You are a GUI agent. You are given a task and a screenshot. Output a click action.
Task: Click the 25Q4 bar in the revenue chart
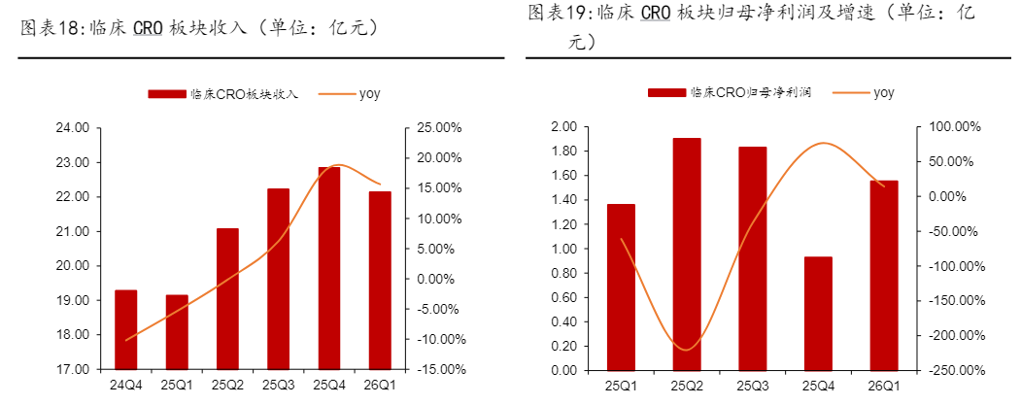pyautogui.click(x=328, y=268)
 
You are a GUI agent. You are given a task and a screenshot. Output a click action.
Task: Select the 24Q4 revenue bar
pyautogui.click(x=125, y=329)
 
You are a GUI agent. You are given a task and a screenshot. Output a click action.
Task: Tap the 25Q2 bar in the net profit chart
pyautogui.click(x=687, y=253)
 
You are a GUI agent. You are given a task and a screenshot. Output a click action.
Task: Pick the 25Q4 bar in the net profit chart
pyautogui.click(x=819, y=313)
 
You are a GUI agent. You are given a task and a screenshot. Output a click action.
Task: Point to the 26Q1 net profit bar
pyautogui.click(x=884, y=276)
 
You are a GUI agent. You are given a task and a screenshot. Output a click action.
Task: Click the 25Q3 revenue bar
pyautogui.click(x=278, y=279)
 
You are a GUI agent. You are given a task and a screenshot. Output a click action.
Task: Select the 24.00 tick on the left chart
pyautogui.click(x=73, y=128)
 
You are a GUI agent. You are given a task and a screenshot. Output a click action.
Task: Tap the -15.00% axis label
pyautogui.click(x=434, y=370)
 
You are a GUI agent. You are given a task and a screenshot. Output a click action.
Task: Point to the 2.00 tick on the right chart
pyautogui.click(x=563, y=127)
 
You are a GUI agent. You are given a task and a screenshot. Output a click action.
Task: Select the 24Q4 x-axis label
pyautogui.click(x=125, y=386)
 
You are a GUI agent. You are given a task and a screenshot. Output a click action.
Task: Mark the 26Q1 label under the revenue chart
pyautogui.click(x=380, y=386)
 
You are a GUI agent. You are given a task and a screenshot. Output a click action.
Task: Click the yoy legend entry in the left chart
pyautogui.click(x=349, y=94)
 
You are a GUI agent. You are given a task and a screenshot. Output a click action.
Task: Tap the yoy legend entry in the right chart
pyautogui.click(x=863, y=93)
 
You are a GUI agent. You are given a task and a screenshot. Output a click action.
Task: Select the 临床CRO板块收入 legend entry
pyautogui.click(x=223, y=94)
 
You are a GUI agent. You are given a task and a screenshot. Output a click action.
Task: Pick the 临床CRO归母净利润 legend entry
pyautogui.click(x=729, y=93)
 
